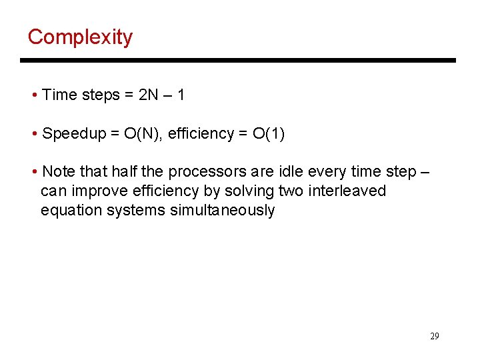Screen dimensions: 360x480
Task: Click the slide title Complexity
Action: pyautogui.click(x=80, y=37)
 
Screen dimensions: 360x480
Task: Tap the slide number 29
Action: pyautogui.click(x=434, y=336)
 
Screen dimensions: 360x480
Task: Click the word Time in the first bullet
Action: pyautogui.click(x=59, y=95)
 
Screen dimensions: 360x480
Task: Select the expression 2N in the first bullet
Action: pyautogui.click(x=148, y=95)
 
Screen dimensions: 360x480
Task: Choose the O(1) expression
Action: pyautogui.click(x=269, y=133)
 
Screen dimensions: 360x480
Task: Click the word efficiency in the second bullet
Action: pyautogui.click(x=198, y=133)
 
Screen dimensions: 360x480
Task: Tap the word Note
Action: pyautogui.click(x=57, y=172)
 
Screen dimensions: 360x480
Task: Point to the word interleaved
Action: pyautogui.click(x=347, y=191)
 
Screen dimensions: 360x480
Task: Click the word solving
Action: pyautogui.click(x=249, y=191)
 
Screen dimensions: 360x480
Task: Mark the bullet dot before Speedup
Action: pyautogui.click(x=34, y=134)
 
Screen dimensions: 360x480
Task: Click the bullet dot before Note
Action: pyautogui.click(x=34, y=173)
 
